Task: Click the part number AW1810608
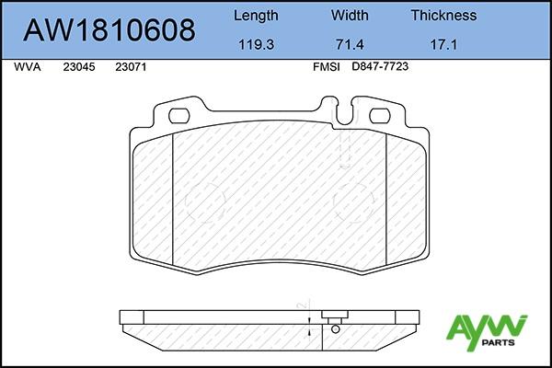[x=109, y=30]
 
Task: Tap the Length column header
[x=256, y=16]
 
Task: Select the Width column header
[x=350, y=15]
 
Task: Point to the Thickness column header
[x=443, y=15]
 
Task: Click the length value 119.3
[x=257, y=45]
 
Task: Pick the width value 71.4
[x=350, y=45]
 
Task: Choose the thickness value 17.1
[x=443, y=45]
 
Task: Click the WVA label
[x=28, y=67]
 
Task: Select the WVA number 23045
[x=79, y=67]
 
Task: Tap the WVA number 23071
[x=131, y=67]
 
